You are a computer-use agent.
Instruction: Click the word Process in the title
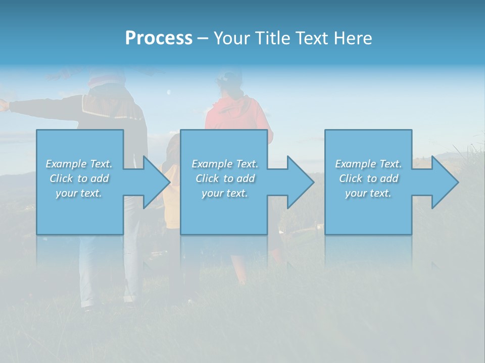(159, 38)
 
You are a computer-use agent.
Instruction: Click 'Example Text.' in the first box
(79, 164)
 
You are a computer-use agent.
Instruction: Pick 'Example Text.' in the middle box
(225, 164)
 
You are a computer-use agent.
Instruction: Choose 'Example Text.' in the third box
(368, 164)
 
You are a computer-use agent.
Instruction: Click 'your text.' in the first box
(79, 193)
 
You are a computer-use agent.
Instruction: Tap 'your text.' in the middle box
(225, 193)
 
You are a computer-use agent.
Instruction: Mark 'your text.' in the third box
(368, 193)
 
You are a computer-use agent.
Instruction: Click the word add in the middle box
(246, 178)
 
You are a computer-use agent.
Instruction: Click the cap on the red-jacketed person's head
(230, 77)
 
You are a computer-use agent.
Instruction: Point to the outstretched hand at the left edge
(4, 105)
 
